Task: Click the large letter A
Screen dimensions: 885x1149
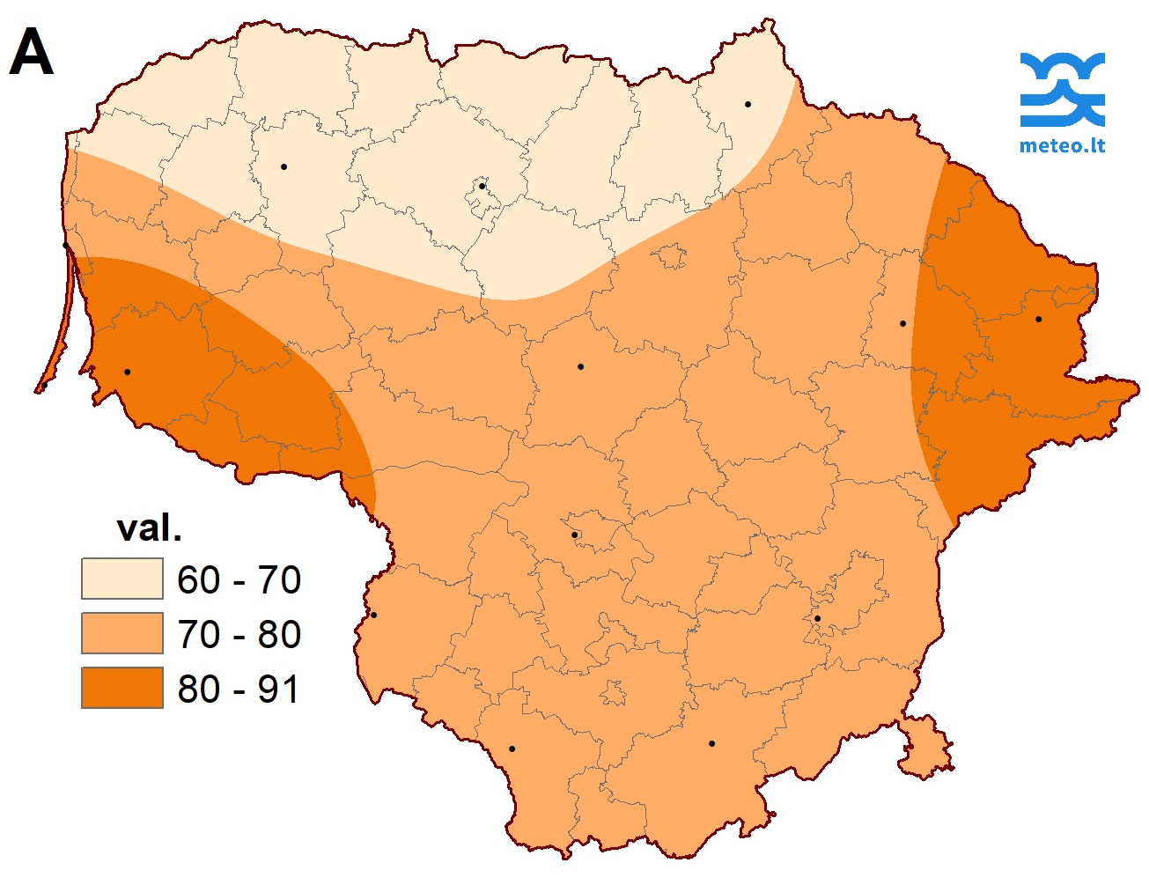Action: coord(32,54)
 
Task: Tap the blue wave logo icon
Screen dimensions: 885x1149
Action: coord(1062,89)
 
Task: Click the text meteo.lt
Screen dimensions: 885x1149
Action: coord(1062,145)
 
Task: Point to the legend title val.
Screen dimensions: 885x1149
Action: coord(149,528)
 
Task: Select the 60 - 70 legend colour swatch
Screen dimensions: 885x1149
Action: coord(122,579)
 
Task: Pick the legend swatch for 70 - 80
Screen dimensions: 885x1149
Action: coord(122,634)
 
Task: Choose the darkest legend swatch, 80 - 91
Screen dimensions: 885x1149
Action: coord(122,688)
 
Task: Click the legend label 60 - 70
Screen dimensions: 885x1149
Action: coord(239,580)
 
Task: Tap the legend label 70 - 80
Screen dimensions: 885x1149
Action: coord(239,635)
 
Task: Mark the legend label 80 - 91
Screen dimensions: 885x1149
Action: coord(239,689)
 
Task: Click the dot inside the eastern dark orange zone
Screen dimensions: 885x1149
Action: coord(1038,319)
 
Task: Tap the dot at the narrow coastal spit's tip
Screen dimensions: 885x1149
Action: coord(44,386)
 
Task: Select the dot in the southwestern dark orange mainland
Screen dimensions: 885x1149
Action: coord(128,372)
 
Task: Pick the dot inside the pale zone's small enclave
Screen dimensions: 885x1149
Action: coord(482,187)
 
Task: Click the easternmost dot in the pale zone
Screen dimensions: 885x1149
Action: coord(748,105)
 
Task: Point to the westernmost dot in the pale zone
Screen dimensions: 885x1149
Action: coord(284,166)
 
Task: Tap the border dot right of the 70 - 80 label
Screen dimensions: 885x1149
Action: coord(373,615)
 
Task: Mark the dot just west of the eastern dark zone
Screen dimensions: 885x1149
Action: coord(902,323)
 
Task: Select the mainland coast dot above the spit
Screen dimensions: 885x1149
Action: coord(65,246)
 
